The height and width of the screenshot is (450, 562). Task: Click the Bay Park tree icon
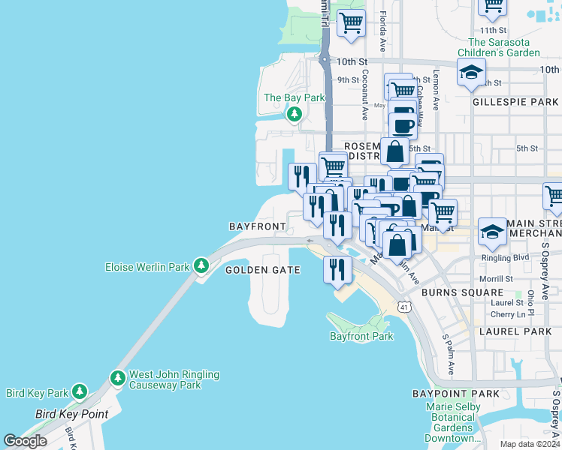(x=295, y=114)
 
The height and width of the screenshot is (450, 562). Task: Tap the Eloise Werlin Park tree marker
(x=201, y=265)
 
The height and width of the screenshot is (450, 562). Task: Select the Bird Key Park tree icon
(x=79, y=391)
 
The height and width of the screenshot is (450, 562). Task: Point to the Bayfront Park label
(x=361, y=336)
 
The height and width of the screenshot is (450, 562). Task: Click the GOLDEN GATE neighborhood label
(x=263, y=270)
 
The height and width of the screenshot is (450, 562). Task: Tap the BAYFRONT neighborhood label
(x=258, y=226)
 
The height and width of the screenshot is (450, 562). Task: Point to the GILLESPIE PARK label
(x=515, y=101)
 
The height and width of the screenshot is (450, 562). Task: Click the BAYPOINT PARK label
(x=455, y=394)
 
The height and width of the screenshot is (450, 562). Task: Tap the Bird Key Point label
(x=72, y=414)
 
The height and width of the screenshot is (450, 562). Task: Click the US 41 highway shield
(x=403, y=307)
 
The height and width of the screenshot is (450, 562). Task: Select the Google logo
(x=25, y=440)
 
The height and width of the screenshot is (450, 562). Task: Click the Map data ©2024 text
(x=529, y=444)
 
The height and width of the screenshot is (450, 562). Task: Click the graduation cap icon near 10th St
(x=471, y=73)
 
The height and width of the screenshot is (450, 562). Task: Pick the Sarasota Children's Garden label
(x=503, y=47)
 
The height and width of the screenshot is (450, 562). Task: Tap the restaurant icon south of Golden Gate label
(x=337, y=269)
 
